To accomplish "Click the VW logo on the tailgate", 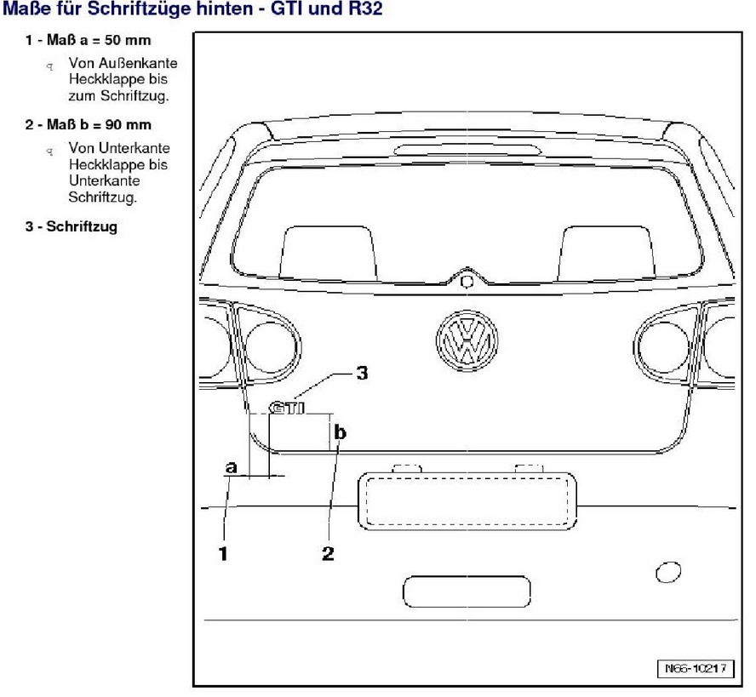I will coord(465,340).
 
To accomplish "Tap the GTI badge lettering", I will coord(287,408).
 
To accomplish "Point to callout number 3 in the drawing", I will coord(361,373).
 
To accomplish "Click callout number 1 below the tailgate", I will coord(223,554).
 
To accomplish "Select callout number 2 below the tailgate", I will coord(328,554).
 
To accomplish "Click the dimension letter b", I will coord(341,433).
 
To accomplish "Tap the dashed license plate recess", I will coord(465,501).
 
